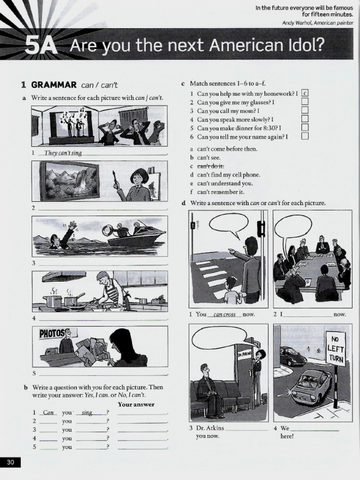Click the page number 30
10,463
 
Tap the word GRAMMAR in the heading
53,85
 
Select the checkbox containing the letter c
305,93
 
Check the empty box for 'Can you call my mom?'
305,111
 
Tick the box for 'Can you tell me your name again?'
305,136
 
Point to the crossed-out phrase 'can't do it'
210,166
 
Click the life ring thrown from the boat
108,230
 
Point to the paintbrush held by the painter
114,179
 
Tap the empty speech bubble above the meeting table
292,226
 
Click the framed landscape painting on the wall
70,180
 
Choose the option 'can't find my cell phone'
228,174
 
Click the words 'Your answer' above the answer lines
136,404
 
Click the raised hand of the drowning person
73,225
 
